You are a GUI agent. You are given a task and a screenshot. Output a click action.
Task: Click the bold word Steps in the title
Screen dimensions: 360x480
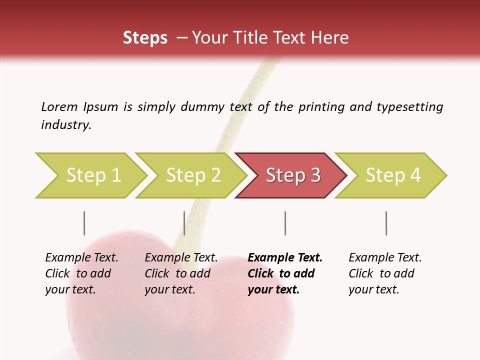(x=145, y=38)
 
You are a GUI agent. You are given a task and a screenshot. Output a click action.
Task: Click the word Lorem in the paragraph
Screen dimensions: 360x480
(x=59, y=107)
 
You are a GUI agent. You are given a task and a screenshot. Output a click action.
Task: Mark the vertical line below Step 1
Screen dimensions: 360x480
(x=84, y=223)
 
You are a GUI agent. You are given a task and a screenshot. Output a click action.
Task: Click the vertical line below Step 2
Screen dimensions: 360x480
(x=184, y=223)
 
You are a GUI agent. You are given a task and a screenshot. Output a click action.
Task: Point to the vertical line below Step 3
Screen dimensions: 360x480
(x=285, y=223)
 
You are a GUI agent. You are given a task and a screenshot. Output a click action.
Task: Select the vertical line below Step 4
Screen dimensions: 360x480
(x=386, y=223)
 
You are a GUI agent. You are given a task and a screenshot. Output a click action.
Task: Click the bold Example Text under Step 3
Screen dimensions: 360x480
(x=285, y=258)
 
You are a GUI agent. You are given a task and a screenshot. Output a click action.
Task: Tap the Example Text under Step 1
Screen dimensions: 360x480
(x=81, y=258)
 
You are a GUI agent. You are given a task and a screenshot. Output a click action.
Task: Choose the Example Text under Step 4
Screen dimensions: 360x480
(x=385, y=258)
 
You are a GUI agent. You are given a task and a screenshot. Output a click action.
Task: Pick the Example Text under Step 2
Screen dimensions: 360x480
(x=181, y=258)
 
